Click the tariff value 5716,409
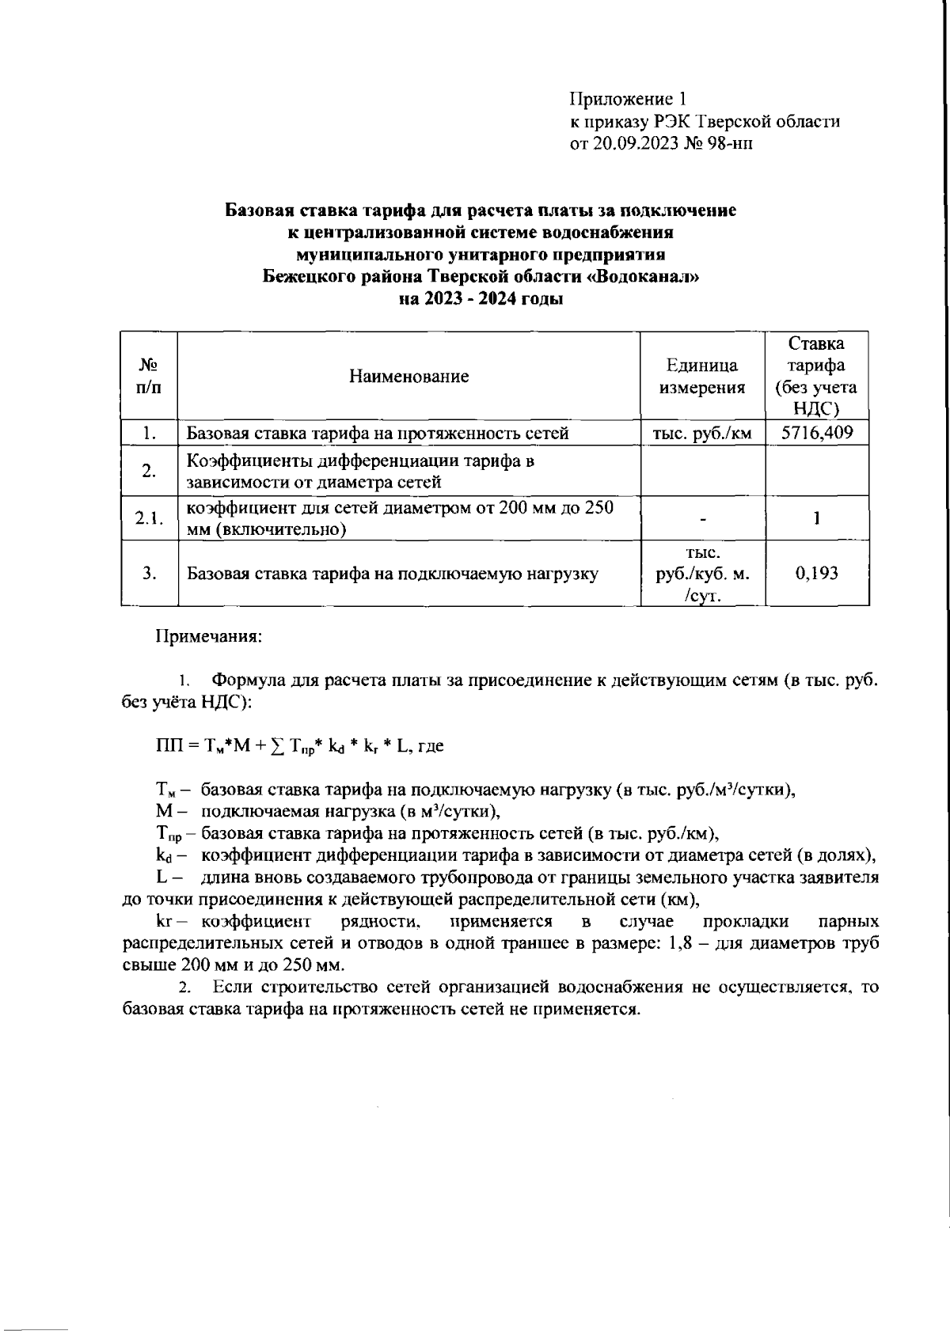click(816, 433)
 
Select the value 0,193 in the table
click(816, 573)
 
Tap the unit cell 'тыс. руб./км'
click(701, 433)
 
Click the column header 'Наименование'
click(408, 377)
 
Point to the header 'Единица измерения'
click(701, 377)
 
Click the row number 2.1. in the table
click(148, 518)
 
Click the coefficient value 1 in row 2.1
click(816, 518)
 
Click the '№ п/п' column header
click(148, 377)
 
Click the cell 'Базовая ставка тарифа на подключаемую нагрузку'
click(392, 574)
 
